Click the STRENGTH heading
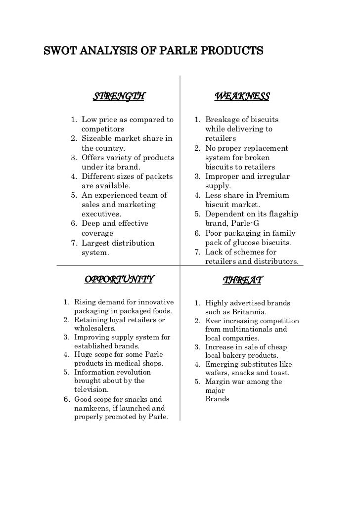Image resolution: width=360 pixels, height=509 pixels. [x=119, y=96]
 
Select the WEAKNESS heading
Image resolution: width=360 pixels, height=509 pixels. [x=242, y=96]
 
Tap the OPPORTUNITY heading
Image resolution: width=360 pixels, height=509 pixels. [x=119, y=280]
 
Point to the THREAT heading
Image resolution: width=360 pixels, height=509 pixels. [x=242, y=281]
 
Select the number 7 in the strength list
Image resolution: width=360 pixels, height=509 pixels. [x=73, y=243]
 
